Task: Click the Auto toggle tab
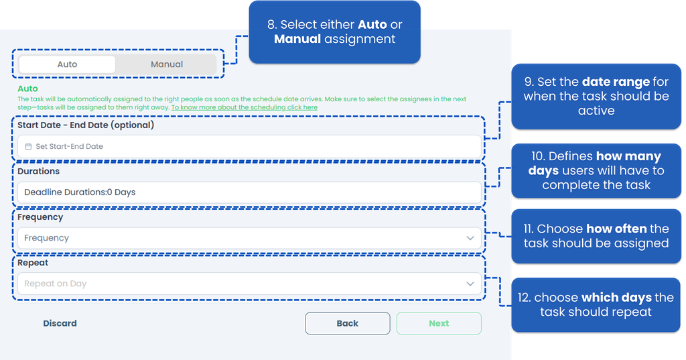68,64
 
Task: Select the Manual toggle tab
167,64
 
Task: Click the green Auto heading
27,88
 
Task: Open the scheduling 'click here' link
244,107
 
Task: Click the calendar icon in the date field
28,146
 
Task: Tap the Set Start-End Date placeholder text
69,146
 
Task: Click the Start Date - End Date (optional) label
86,125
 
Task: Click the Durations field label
38,171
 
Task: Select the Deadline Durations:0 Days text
80,192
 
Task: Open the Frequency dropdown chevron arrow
470,238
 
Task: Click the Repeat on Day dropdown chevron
470,284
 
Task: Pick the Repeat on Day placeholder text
55,284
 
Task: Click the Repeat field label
33,263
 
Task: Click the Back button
348,323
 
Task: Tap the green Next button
439,323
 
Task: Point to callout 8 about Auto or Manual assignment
335,32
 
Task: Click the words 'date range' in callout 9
616,82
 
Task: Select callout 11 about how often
596,236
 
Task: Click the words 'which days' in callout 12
616,298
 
